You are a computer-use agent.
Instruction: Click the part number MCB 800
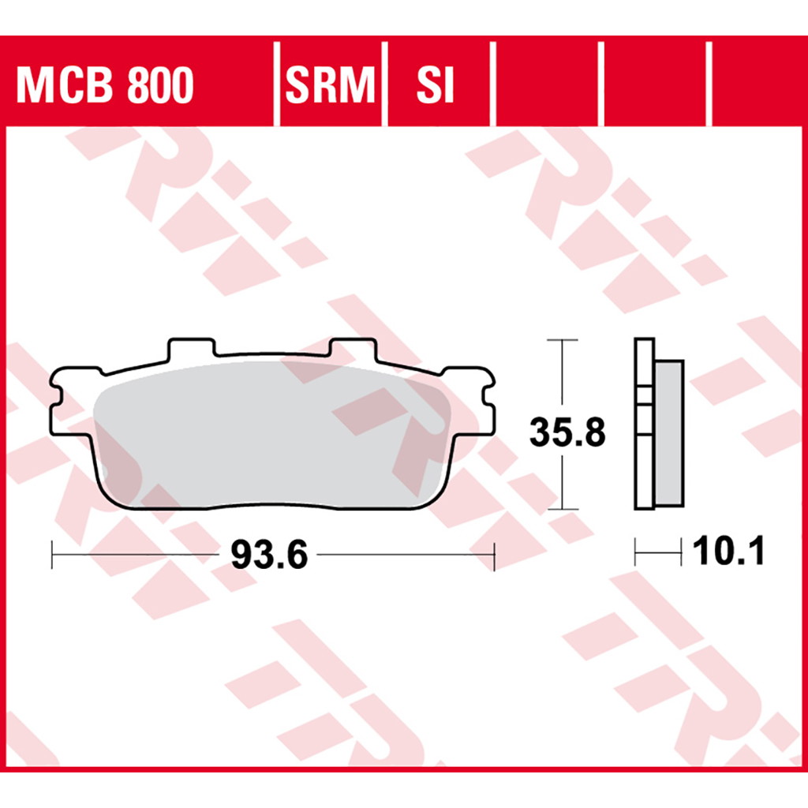tap(105, 84)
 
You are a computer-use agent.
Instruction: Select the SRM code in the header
tap(330, 84)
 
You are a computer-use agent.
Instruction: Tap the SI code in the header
tap(436, 84)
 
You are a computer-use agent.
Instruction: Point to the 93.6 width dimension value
tap(268, 555)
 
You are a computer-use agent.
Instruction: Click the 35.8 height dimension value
tap(567, 432)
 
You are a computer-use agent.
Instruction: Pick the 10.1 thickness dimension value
tap(728, 551)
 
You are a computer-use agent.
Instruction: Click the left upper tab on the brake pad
tap(191, 349)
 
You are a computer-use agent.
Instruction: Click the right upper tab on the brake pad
tap(353, 349)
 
